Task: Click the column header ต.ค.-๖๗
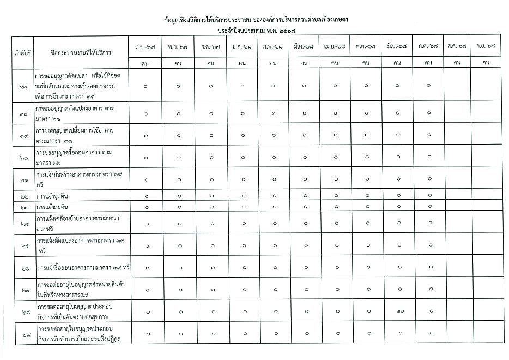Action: pos(146,47)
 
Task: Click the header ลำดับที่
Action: pos(23,53)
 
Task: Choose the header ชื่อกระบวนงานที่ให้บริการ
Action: pos(80,53)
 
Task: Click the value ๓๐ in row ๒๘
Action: pos(399,311)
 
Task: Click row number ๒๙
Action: pos(23,334)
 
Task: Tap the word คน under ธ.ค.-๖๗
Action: pos(210,63)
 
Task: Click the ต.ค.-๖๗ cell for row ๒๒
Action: pos(146,196)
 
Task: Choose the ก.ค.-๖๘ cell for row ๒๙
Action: pos(429,334)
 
